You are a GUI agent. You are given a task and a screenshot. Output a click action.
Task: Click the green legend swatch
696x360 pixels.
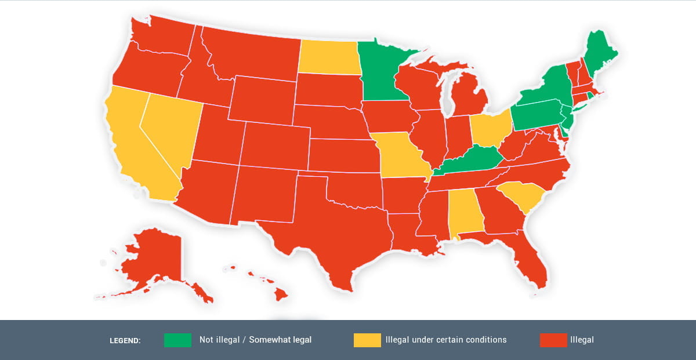tap(177, 340)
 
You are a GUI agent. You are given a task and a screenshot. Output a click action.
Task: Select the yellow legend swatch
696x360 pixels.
tap(367, 340)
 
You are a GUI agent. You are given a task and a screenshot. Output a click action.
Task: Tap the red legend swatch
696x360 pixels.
tap(553, 340)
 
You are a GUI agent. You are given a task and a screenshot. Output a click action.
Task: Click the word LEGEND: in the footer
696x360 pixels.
tap(125, 341)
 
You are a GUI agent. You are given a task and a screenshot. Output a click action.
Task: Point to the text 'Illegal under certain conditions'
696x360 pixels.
tap(446, 340)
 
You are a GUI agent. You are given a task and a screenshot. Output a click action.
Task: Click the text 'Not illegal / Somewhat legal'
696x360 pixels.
tap(255, 340)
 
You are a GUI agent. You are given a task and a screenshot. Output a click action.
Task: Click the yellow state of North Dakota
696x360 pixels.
tap(328, 57)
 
